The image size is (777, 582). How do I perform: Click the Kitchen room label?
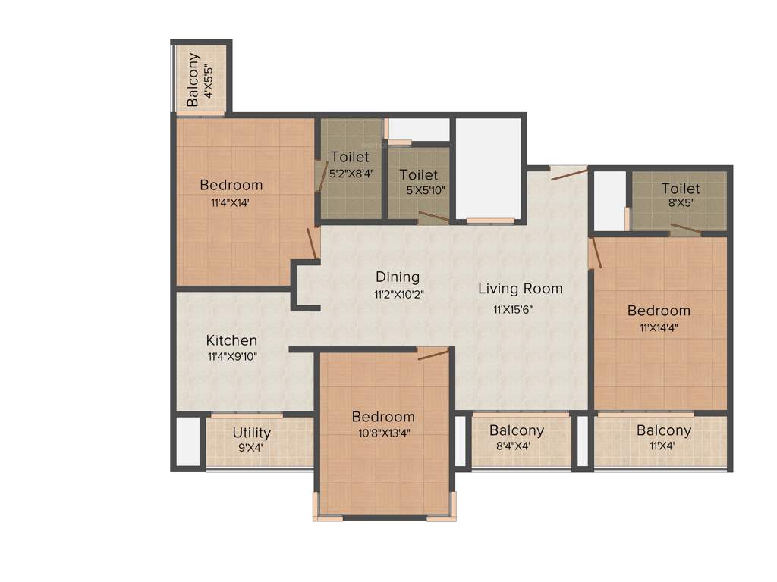pyautogui.click(x=231, y=340)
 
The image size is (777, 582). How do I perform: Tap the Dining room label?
pyautogui.click(x=397, y=277)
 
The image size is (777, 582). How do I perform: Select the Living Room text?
pyautogui.click(x=520, y=288)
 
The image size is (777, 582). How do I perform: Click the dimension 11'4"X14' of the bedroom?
pyautogui.click(x=231, y=202)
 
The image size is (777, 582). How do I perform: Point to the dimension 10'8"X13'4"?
pyautogui.click(x=382, y=433)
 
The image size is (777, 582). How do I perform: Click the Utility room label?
pyautogui.click(x=252, y=433)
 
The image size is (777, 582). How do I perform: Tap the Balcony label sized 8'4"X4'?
pyautogui.click(x=516, y=430)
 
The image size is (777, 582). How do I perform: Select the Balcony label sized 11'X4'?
pyautogui.click(x=663, y=430)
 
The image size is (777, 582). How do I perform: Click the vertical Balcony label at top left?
pyautogui.click(x=193, y=78)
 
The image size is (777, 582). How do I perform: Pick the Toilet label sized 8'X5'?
pyautogui.click(x=680, y=189)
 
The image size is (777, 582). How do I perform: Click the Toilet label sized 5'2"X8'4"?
pyautogui.click(x=350, y=157)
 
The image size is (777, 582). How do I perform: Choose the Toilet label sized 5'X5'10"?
pyautogui.click(x=419, y=175)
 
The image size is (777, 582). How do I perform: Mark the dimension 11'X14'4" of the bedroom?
pyautogui.click(x=659, y=327)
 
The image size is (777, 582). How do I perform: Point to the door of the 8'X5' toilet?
pyautogui.click(x=685, y=230)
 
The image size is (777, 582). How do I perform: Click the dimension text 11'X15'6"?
pyautogui.click(x=519, y=309)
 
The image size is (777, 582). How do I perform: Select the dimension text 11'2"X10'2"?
pyautogui.click(x=398, y=294)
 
